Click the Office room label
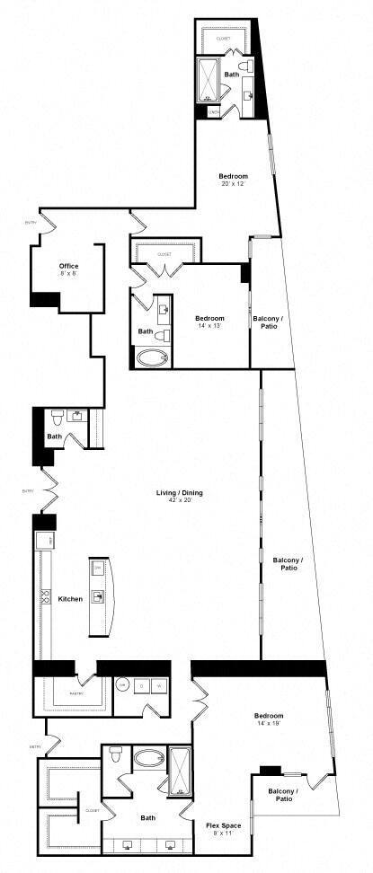coord(68,266)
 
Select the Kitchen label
coord(71,598)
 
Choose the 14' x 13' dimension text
coord(209,326)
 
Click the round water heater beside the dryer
coord(122,685)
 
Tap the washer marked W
coord(161,685)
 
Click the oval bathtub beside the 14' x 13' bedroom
coord(151,359)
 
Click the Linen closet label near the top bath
coord(213,111)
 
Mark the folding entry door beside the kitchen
coord(44,491)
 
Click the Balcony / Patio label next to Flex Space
coord(282,794)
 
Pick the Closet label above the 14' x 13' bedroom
coord(164,254)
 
